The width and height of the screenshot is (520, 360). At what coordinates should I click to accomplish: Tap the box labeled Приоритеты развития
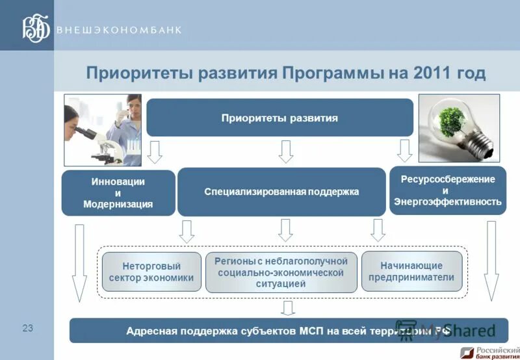(279, 118)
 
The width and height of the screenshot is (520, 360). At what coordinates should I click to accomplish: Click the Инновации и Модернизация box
(118, 193)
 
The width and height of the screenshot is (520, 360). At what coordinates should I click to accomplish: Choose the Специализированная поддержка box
(281, 192)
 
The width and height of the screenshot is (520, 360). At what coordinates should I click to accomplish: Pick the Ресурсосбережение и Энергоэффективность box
(447, 190)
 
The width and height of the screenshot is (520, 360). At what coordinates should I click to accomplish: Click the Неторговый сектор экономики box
(151, 272)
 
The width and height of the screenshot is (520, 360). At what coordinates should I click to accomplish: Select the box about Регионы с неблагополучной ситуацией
(281, 272)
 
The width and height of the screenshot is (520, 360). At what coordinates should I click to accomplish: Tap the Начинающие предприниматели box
(411, 272)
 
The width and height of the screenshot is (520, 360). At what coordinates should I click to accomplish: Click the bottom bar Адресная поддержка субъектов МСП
(286, 331)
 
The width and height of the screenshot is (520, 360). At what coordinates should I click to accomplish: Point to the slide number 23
(28, 328)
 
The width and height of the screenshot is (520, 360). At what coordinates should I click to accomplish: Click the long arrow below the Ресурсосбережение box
(491, 261)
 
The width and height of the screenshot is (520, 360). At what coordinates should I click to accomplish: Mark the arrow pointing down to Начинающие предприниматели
(378, 231)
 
